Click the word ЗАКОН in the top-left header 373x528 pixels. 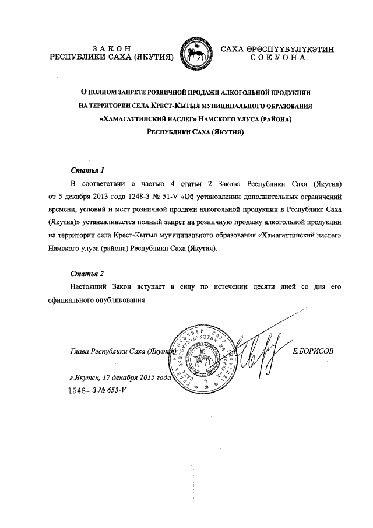111,48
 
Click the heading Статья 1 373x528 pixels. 87,171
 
